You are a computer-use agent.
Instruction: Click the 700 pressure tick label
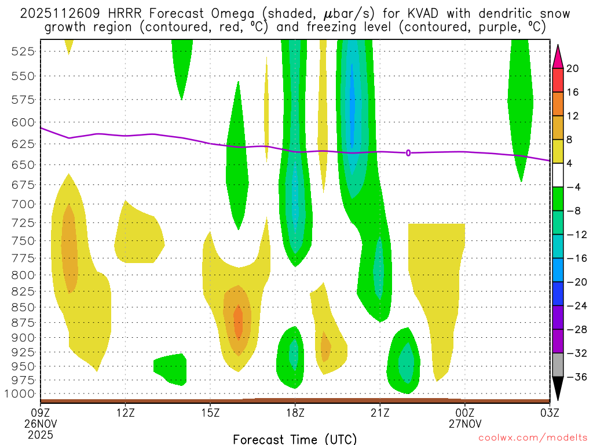point(23,204)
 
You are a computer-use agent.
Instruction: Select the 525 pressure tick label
point(23,51)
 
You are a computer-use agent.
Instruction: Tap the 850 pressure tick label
point(23,307)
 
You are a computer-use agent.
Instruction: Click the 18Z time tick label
point(295,413)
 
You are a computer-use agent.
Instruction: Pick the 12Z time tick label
point(126,413)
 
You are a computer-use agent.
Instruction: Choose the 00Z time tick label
point(464,413)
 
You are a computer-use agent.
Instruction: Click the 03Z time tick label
point(549,413)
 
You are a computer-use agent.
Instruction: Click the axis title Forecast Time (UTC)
point(295,439)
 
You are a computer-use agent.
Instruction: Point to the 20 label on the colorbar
point(573,68)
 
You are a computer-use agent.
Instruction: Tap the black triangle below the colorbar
point(558,389)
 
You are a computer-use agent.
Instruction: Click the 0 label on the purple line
point(408,153)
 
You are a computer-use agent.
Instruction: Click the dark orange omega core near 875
point(238,323)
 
